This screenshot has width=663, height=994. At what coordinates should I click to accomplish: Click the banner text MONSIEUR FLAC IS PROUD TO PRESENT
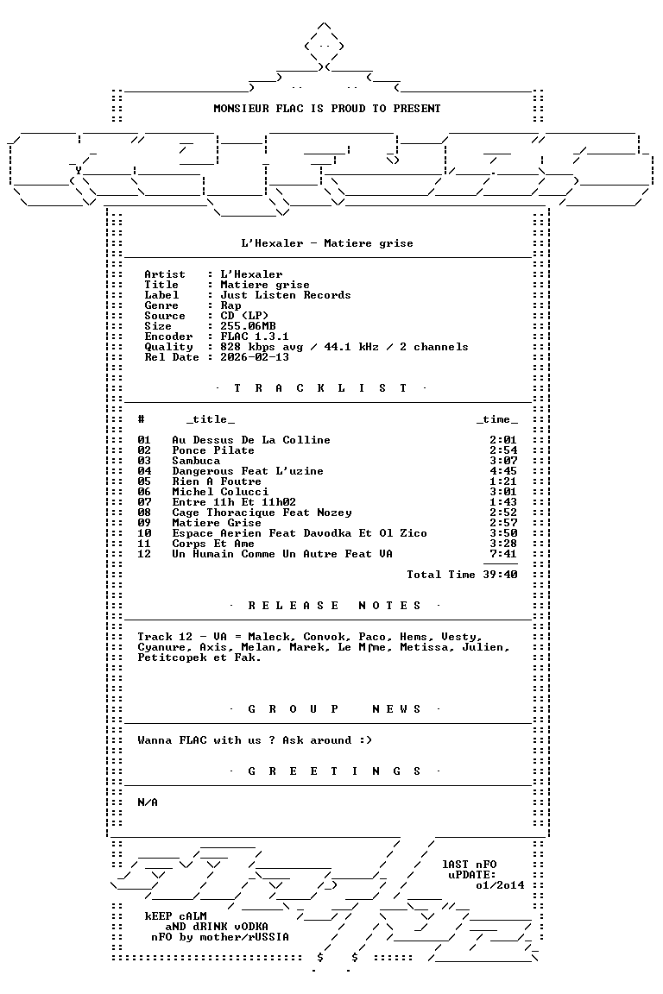[326, 109]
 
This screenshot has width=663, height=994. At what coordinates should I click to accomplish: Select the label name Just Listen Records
[286, 295]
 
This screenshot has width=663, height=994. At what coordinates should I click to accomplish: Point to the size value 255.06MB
[248, 326]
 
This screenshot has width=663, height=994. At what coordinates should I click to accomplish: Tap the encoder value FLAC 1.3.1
[255, 337]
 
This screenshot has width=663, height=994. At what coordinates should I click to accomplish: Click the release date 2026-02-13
[255, 357]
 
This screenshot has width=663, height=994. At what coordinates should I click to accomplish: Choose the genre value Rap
[231, 305]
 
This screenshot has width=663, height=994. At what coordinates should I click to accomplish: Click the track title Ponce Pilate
[213, 450]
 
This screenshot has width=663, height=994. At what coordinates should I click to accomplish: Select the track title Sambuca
[196, 461]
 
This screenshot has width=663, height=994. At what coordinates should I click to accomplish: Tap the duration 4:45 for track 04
[503, 471]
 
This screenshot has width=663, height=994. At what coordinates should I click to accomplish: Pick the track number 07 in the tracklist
[145, 502]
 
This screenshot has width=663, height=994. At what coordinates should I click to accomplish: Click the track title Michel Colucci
[220, 492]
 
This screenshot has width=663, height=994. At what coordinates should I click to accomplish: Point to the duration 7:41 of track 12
[503, 554]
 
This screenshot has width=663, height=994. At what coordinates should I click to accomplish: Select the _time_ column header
[496, 419]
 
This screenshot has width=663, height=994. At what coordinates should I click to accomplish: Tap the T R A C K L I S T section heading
[320, 388]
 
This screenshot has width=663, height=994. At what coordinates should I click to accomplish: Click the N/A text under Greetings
[148, 802]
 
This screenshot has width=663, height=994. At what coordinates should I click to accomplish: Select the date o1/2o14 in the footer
[500, 885]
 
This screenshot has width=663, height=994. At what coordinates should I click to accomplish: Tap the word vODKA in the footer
[248, 927]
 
